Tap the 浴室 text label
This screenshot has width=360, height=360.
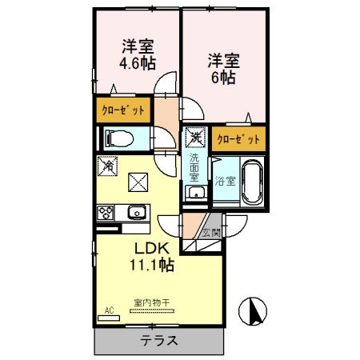click(x=225, y=181)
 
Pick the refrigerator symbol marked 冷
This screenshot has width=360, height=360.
click(x=107, y=166)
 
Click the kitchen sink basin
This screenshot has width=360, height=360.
click(x=135, y=213)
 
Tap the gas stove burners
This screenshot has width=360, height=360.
click(x=105, y=213)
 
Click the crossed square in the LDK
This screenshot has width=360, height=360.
click(x=138, y=182)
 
